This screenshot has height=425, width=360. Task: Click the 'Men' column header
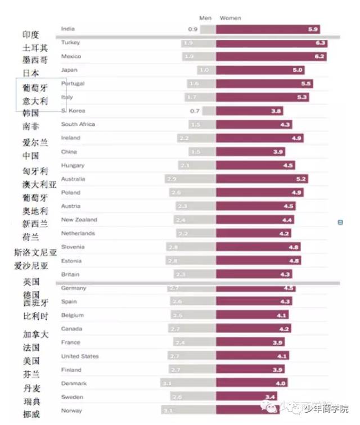point(205,18)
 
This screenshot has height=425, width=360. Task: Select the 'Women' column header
point(230,18)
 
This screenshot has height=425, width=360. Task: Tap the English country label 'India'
point(67,29)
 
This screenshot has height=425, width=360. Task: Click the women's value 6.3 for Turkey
point(321,43)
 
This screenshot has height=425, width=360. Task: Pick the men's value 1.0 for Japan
point(204,70)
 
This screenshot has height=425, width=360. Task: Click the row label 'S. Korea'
point(73,111)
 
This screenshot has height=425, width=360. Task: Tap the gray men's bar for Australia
point(191,179)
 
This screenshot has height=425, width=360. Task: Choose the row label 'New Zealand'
point(79,220)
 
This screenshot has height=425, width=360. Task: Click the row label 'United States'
point(80,356)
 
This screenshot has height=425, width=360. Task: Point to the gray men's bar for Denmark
point(188,383)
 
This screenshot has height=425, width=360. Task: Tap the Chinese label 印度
point(31,35)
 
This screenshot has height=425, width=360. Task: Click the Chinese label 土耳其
point(35,48)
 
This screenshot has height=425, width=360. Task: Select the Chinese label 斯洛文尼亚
point(35,253)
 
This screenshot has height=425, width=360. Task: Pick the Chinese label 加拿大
point(35,334)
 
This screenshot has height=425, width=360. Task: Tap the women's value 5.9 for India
point(313,29)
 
